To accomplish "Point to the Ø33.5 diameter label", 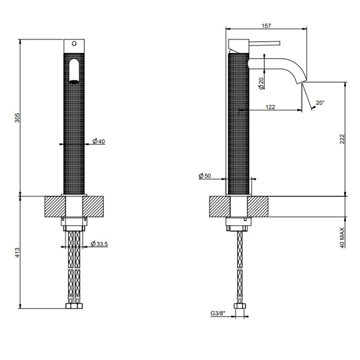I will (99, 244).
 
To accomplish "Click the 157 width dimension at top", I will (266, 25).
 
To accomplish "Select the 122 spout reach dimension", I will (271, 106).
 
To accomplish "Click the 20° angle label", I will (320, 103).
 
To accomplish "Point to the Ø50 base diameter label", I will (205, 176).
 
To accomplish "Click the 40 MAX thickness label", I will (342, 234).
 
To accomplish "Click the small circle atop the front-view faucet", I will (75, 43).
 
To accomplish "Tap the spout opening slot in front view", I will (75, 70).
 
